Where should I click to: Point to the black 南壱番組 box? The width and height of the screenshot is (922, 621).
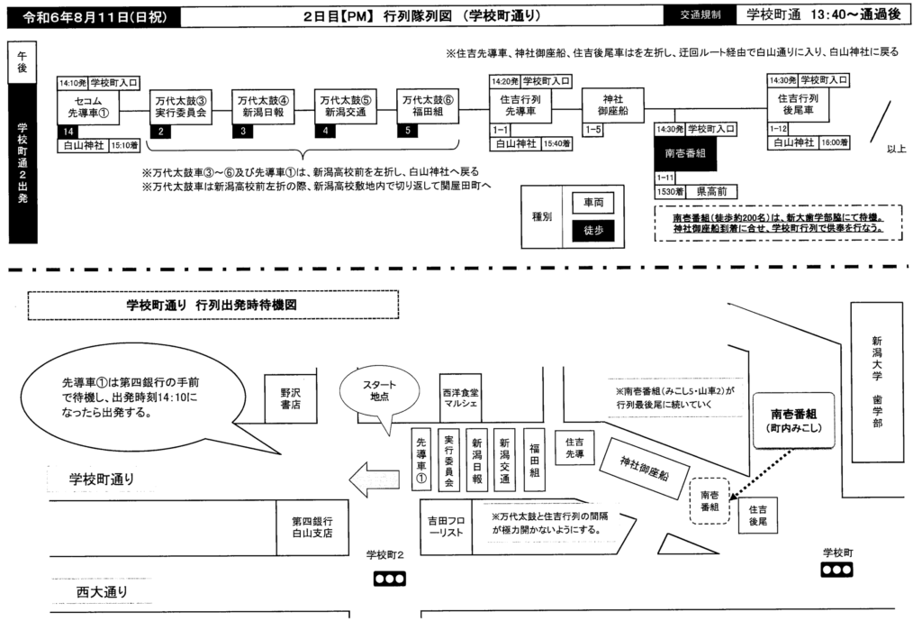point(687,153)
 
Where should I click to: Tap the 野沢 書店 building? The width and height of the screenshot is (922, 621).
point(289,397)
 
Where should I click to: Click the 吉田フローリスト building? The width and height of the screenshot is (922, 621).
point(447,525)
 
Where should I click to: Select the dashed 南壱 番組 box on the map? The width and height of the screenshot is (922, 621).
point(710,501)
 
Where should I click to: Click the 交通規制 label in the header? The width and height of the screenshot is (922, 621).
point(700,15)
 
